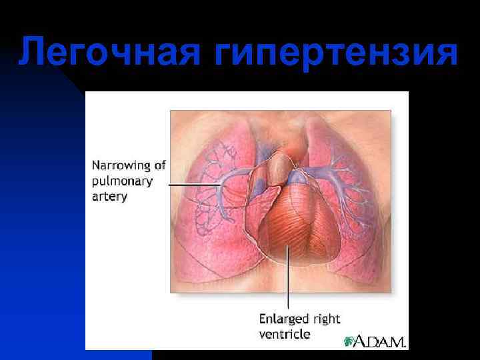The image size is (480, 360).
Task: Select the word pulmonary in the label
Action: click(x=122, y=181)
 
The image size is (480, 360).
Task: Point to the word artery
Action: click(x=109, y=197)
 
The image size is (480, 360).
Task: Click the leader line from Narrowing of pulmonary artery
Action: click(x=193, y=184)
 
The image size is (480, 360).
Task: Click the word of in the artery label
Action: click(x=159, y=165)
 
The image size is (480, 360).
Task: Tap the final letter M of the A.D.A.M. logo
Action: click(x=398, y=341)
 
